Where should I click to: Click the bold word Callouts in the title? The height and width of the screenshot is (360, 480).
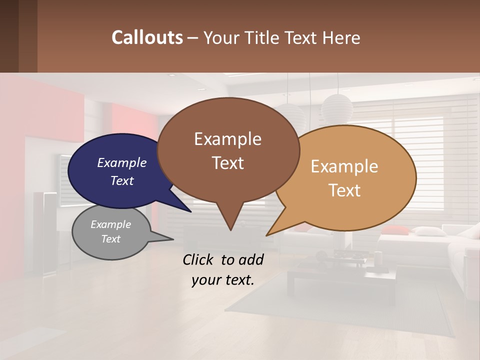147,37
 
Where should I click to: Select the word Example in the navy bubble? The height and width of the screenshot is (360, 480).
121,163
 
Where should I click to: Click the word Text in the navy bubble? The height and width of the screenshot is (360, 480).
121,180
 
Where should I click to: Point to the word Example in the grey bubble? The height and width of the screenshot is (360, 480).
110,224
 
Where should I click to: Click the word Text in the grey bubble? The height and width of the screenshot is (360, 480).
110,239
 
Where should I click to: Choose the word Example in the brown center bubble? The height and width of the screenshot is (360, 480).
227,139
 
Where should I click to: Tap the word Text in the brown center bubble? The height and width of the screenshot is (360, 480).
227,162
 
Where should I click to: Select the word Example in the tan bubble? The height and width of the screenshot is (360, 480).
344,166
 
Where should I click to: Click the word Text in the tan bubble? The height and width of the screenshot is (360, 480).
344,190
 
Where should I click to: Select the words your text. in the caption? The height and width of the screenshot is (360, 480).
222,280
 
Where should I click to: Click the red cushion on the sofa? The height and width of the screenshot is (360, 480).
395,230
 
